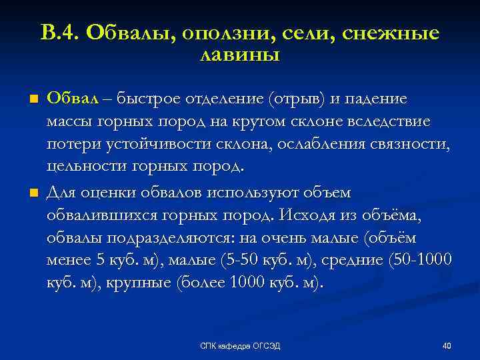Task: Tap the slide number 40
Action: [x=447, y=345]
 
